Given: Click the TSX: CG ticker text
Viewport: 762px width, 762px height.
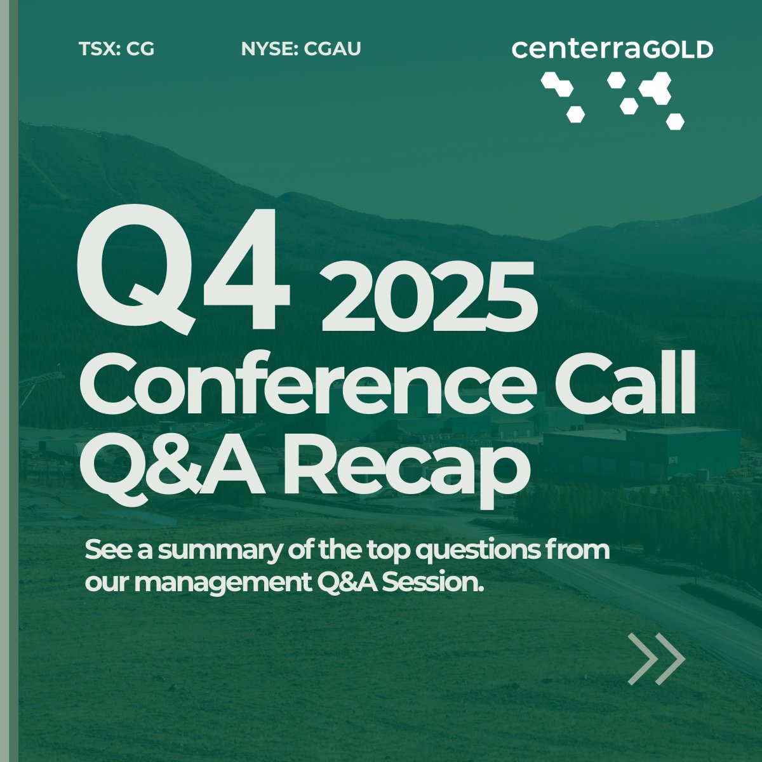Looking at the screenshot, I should coord(116,49).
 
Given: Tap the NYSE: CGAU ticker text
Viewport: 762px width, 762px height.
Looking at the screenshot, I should coord(301,49).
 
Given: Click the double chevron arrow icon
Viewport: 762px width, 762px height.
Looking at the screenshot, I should coord(656,658).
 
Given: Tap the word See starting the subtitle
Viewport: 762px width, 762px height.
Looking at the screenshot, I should coord(105,551).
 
